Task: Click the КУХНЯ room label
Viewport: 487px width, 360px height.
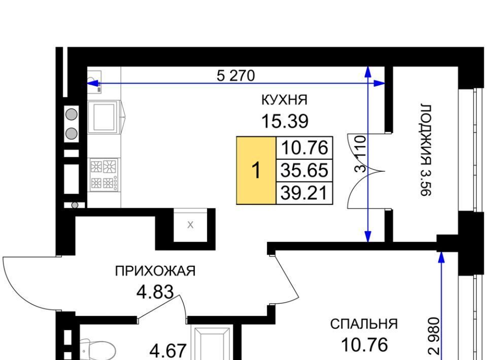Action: [x=285, y=100]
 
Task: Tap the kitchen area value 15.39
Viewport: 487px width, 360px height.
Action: [x=285, y=121]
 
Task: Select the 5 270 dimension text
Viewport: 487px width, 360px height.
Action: [x=236, y=76]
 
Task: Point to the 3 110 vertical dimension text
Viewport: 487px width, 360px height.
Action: [x=360, y=154]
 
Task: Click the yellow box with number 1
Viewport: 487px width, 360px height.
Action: [x=256, y=170]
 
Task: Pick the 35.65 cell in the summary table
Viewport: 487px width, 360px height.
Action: [x=304, y=170]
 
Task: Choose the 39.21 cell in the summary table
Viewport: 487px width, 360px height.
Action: [x=304, y=193]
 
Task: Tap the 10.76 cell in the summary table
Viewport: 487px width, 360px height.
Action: [x=304, y=148]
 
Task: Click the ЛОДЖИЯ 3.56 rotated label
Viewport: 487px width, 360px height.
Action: [x=426, y=150]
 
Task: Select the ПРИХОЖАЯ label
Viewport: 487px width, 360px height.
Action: [x=155, y=271]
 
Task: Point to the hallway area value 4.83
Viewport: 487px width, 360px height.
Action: [x=155, y=292]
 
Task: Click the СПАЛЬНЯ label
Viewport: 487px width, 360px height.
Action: [x=364, y=324]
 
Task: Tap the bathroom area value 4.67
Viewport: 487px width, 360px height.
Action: [x=168, y=351]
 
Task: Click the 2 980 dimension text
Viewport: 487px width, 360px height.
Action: [x=434, y=336]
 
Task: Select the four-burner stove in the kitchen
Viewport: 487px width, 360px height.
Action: [x=104, y=174]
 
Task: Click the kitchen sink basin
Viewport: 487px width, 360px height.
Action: [x=103, y=117]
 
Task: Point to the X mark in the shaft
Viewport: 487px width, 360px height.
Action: [x=190, y=225]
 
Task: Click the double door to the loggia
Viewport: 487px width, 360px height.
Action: [x=366, y=171]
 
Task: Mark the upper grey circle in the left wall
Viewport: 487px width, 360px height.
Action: [x=72, y=114]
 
